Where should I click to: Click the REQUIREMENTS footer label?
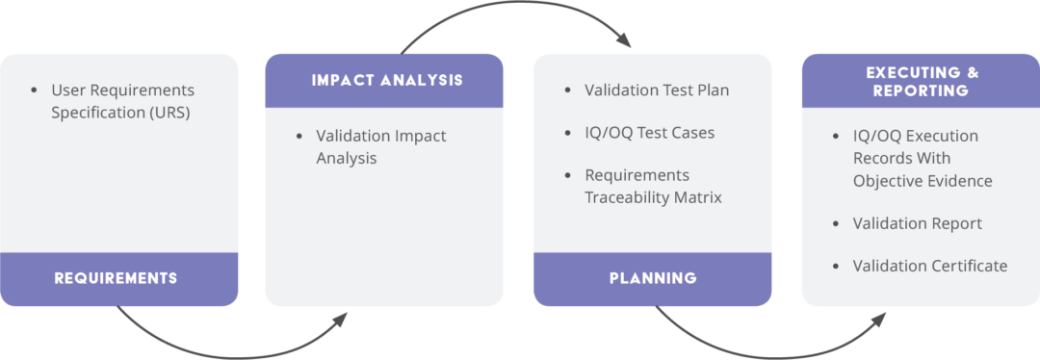[x=116, y=278]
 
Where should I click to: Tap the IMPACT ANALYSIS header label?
[x=387, y=80]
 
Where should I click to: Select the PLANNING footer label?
[x=653, y=278]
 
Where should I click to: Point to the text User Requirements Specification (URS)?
[x=122, y=100]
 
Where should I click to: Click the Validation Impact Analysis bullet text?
[x=380, y=146]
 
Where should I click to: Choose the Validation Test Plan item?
[x=657, y=90]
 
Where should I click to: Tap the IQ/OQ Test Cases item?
[x=649, y=133]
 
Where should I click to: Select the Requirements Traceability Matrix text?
[x=653, y=186]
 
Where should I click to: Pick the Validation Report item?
[x=917, y=223]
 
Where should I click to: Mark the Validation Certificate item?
[x=929, y=266]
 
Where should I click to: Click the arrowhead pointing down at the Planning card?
[x=626, y=42]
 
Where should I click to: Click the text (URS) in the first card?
[x=169, y=112]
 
